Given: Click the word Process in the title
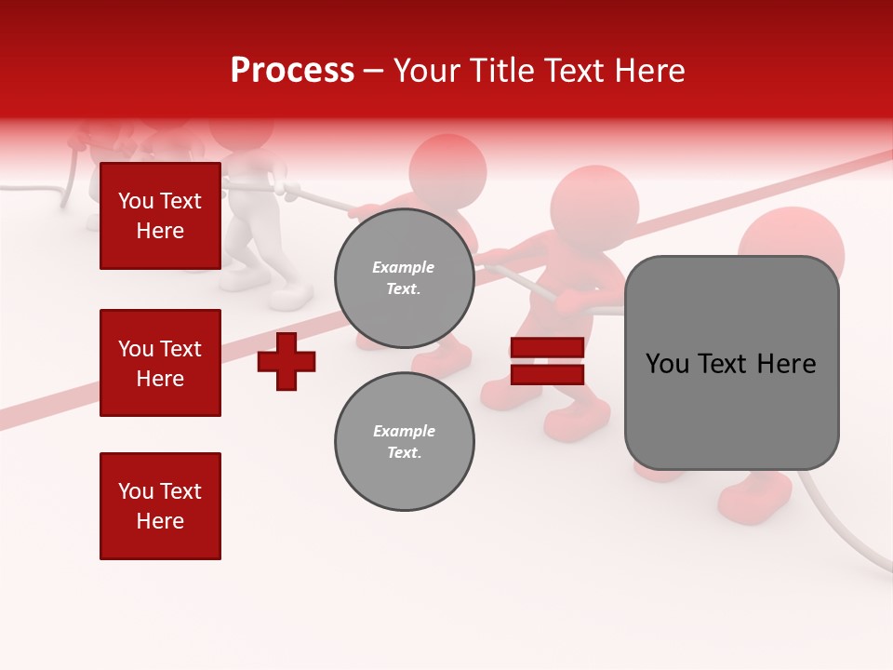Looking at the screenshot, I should pyautogui.click(x=292, y=71).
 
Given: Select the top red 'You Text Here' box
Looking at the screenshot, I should pyautogui.click(x=160, y=216).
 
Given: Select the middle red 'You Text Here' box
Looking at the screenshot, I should pyautogui.click(x=160, y=363).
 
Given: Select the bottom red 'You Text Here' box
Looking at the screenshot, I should pyautogui.click(x=160, y=505).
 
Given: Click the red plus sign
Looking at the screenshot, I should pyautogui.click(x=287, y=361).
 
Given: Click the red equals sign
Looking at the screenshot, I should pyautogui.click(x=547, y=361).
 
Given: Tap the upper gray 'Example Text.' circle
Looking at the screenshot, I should pyautogui.click(x=404, y=278).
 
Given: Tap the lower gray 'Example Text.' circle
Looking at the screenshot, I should pyautogui.click(x=404, y=441).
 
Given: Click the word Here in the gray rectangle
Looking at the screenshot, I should pyautogui.click(x=787, y=363).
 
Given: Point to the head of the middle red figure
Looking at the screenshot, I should pyautogui.click(x=594, y=207).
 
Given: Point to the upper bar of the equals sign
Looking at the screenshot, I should pyautogui.click(x=547, y=347).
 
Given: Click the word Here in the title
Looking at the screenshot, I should pyautogui.click(x=650, y=71).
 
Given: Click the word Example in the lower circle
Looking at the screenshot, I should pyautogui.click(x=404, y=431).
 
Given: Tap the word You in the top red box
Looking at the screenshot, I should pyautogui.click(x=135, y=201).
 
